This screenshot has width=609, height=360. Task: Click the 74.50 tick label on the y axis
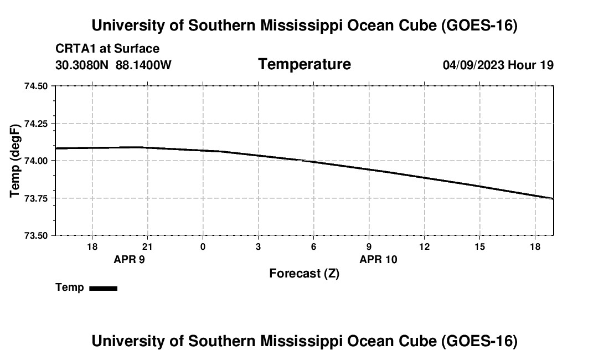(36, 86)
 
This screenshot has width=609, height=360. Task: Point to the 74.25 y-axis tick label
(36, 124)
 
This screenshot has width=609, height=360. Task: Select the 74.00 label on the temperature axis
(36, 161)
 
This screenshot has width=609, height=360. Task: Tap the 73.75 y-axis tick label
(36, 198)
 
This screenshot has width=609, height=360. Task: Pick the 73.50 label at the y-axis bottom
(36, 236)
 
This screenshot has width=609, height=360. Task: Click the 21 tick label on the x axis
(147, 246)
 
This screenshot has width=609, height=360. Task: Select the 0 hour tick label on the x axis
(203, 246)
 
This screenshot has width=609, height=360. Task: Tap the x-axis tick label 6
(313, 246)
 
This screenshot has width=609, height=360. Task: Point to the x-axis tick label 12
(425, 246)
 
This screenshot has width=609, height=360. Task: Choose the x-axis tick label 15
(479, 246)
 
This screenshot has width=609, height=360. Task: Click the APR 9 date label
(130, 259)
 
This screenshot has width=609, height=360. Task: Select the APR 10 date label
(378, 259)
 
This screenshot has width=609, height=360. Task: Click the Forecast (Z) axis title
(304, 274)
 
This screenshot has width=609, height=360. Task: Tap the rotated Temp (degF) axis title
(15, 161)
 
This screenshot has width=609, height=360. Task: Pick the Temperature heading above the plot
(304, 64)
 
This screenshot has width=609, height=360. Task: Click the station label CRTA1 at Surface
(107, 49)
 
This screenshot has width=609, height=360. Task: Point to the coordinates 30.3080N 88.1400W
(113, 65)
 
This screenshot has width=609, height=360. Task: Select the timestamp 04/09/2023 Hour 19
(498, 65)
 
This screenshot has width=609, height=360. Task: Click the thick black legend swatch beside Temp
(104, 288)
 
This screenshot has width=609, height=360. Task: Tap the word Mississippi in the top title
(301, 25)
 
